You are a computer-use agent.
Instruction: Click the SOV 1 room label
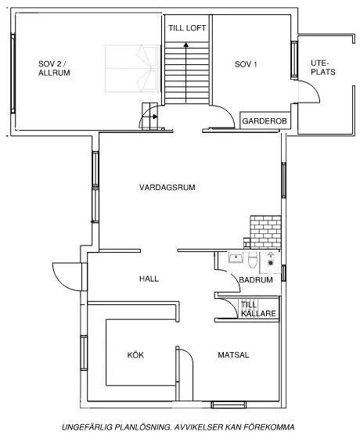pos(246,64)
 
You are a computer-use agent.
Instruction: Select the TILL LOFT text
pos(186,27)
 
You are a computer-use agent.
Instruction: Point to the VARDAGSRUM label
pos(167,187)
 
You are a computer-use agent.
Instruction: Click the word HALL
pos(149,279)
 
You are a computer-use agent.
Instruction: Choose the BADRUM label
pos(256,279)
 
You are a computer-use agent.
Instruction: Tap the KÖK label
pos(135,355)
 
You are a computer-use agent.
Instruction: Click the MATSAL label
pos(233,355)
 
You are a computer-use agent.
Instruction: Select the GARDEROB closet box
pos(265,121)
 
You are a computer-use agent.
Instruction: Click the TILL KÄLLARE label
pos(259,309)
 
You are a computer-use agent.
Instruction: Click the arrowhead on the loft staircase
pos(186,45)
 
